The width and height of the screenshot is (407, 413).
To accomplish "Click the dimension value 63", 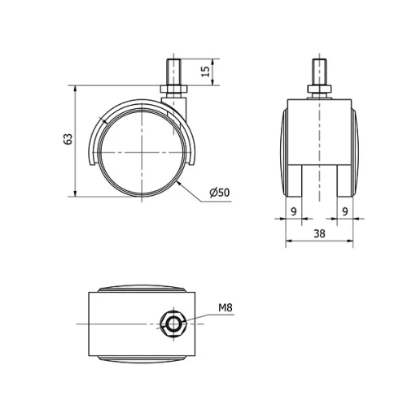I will (67, 139).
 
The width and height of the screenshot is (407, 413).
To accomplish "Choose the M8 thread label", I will (225, 308).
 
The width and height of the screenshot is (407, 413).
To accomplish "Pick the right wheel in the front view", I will (352, 150).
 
